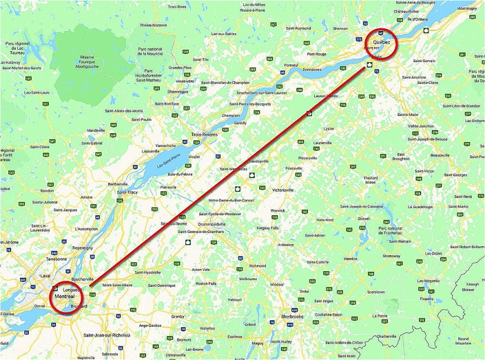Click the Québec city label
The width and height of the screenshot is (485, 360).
382,43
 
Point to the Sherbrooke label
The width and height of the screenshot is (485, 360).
292,317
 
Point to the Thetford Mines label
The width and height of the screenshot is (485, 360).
370,180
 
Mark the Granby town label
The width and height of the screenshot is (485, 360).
178,316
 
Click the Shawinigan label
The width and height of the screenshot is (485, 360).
178,92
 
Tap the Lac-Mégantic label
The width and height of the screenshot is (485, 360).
427,281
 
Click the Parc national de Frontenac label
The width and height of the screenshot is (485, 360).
390,231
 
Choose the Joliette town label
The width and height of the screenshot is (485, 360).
86,197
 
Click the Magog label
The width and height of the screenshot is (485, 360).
257,343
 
